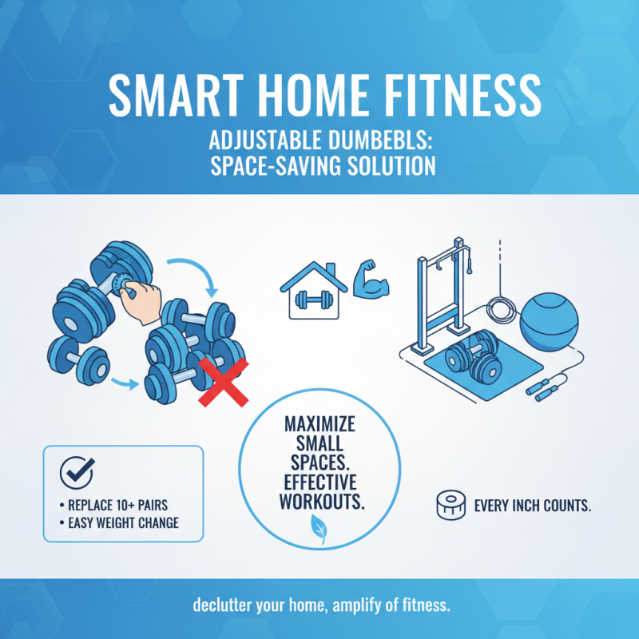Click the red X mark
click(223, 383)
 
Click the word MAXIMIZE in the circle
click(319, 423)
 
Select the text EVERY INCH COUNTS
click(533, 506)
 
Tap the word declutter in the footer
click(222, 605)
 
